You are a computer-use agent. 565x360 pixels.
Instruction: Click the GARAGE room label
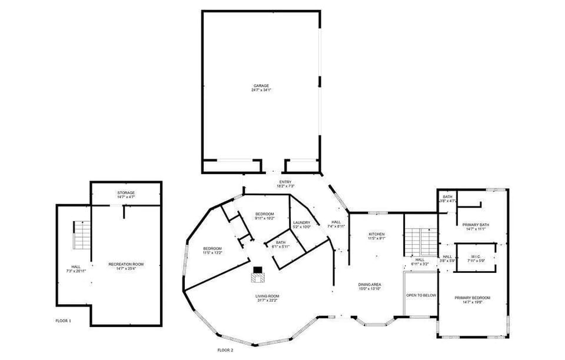pyautogui.click(x=261, y=86)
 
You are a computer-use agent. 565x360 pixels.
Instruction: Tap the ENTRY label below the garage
pyautogui.click(x=285, y=182)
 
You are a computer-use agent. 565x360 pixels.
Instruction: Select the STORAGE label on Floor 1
pyautogui.click(x=125, y=192)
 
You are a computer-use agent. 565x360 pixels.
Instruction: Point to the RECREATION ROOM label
pyautogui.click(x=126, y=265)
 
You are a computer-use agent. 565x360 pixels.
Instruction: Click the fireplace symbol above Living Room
pyautogui.click(x=257, y=272)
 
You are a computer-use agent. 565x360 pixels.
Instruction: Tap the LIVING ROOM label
pyautogui.click(x=267, y=296)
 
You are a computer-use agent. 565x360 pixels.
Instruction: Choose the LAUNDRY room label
pyautogui.click(x=301, y=222)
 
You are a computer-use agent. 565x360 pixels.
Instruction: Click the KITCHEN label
pyautogui.click(x=376, y=234)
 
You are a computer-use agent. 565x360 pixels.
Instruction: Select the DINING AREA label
pyautogui.click(x=370, y=285)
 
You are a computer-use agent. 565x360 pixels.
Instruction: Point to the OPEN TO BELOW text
pyautogui.click(x=421, y=295)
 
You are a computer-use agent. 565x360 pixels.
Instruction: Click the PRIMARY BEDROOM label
pyautogui.click(x=472, y=298)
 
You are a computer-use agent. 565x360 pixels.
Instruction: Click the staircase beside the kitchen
pyautogui.click(x=421, y=241)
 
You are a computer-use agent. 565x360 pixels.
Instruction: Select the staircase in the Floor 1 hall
pyautogui.click(x=81, y=235)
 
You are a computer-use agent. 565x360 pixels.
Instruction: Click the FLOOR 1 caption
pyautogui.click(x=63, y=321)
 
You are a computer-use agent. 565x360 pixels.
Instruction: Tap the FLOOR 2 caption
pyautogui.click(x=225, y=350)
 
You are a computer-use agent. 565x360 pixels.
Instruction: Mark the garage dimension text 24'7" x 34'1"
pyautogui.click(x=261, y=90)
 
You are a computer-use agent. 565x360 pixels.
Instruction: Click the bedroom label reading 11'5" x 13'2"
pyautogui.click(x=212, y=253)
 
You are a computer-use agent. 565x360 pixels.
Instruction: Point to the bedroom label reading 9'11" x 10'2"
pyautogui.click(x=265, y=218)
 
